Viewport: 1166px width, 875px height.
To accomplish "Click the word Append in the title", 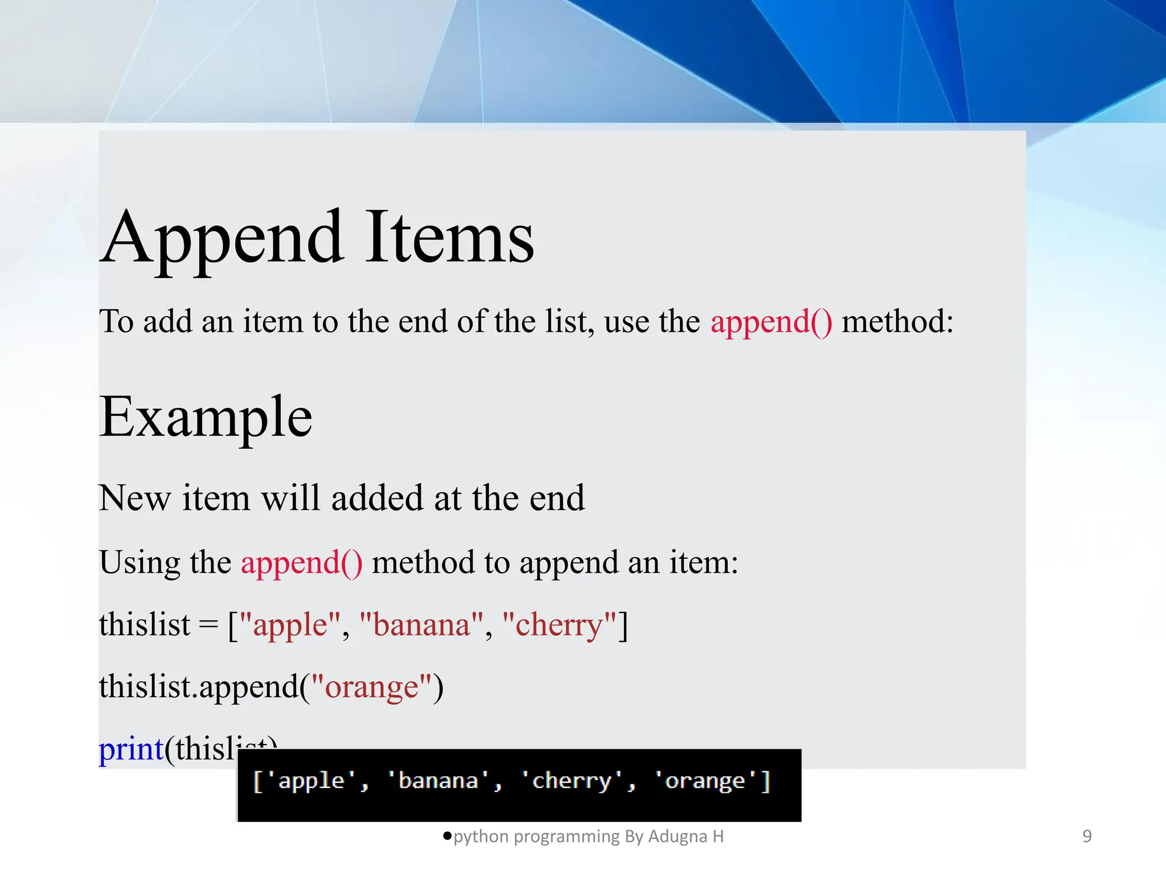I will (x=223, y=239).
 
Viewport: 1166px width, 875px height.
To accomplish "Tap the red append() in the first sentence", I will (x=771, y=322).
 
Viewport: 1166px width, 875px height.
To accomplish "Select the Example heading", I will (x=206, y=418).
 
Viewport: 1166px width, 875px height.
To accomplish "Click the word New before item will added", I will (x=134, y=498).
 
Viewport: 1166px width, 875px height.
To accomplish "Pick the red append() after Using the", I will (x=301, y=563).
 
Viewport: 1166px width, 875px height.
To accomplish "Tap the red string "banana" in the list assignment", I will (x=422, y=625).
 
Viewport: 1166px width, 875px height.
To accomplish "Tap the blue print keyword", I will (x=131, y=749).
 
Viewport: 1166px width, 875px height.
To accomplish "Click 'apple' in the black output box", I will (x=311, y=781).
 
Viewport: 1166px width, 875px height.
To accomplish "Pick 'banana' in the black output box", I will (x=438, y=781).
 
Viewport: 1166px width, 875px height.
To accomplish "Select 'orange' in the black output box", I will (x=705, y=781).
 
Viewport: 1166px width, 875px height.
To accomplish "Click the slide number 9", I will (x=1087, y=836).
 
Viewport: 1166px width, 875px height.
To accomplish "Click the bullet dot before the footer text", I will (x=447, y=836).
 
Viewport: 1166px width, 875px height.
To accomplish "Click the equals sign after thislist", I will (x=208, y=625).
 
